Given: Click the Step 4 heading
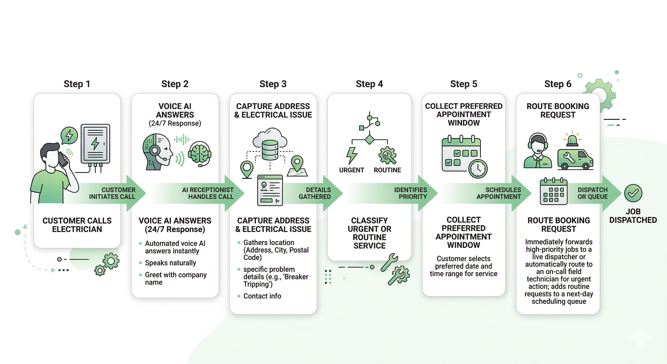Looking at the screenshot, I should click(x=369, y=84).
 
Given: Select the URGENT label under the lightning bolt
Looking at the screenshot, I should click(x=351, y=170).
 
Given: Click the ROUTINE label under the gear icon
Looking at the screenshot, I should click(x=387, y=170).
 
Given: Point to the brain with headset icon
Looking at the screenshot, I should click(x=199, y=153).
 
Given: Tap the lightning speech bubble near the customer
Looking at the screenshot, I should click(x=69, y=135).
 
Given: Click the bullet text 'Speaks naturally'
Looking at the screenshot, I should click(x=170, y=263).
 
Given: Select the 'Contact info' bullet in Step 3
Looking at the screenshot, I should click(x=262, y=296).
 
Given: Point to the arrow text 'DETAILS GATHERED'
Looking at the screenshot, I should click(x=315, y=193).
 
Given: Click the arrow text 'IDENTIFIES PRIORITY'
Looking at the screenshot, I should click(x=410, y=193).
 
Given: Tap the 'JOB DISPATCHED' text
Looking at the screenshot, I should click(x=633, y=216).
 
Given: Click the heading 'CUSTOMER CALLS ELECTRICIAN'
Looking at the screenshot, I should click(x=77, y=225).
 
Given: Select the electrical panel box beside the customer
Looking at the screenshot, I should click(x=95, y=144).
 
